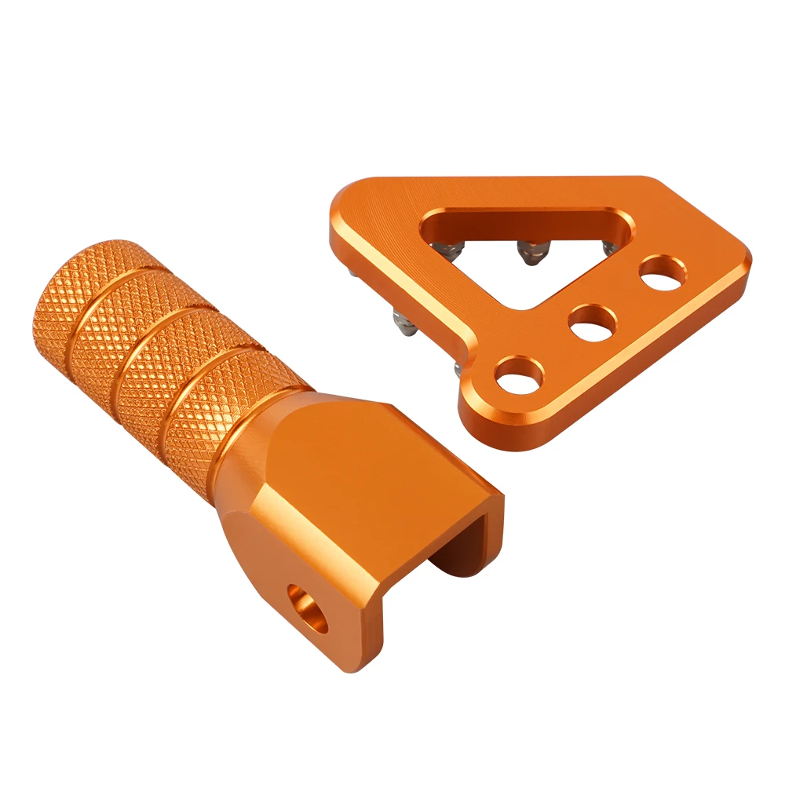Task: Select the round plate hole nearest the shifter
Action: coord(519,375)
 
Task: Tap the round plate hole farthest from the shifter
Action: coord(661,275)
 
